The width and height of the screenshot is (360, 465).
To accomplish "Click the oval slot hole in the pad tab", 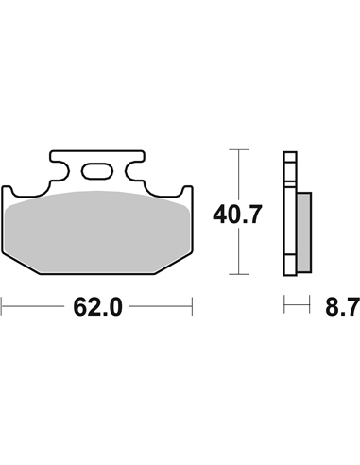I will click(96, 171).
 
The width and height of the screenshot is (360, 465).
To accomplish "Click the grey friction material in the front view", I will click(98, 232).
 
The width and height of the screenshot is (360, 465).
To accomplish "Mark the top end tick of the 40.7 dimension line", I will click(243, 152).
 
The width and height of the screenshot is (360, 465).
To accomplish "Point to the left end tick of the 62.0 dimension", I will click(3, 306).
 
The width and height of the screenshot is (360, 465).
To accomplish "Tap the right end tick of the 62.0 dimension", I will click(193, 306).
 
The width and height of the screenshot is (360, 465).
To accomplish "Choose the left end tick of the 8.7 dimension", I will click(285, 306).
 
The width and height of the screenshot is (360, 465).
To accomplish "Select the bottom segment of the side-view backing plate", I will click(288, 265).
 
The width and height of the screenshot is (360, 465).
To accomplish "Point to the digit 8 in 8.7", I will click(331, 306).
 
